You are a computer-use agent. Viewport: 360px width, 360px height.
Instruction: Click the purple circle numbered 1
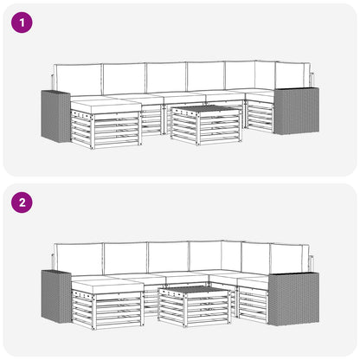[22, 22]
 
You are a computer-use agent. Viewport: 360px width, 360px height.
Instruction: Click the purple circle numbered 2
[22, 202]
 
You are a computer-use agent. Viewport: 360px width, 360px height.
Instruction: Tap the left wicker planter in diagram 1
[55, 116]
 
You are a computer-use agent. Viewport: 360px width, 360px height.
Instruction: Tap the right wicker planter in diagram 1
[297, 111]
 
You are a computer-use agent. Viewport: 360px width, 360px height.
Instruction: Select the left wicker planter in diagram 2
[56, 296]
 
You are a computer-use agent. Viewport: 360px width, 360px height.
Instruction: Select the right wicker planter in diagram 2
[293, 299]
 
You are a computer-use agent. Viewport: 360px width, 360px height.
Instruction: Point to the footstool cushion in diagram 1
[106, 106]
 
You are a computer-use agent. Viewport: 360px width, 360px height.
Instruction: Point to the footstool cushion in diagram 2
[107, 286]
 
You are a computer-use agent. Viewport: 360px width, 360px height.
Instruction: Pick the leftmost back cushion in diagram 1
[78, 80]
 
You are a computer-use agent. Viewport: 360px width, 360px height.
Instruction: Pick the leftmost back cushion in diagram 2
[79, 260]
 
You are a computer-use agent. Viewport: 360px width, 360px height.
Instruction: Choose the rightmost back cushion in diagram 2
[289, 258]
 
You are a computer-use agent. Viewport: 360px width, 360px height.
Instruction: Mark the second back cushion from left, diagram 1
[125, 79]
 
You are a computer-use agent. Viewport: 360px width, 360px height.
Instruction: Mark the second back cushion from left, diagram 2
[125, 259]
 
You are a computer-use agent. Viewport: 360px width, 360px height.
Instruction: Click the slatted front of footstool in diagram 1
[117, 132]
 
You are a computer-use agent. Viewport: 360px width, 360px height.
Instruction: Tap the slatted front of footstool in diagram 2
[118, 312]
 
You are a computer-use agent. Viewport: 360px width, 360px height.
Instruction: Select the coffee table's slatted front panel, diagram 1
[220, 129]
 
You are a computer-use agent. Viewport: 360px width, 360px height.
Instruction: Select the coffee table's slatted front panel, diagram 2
[208, 309]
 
